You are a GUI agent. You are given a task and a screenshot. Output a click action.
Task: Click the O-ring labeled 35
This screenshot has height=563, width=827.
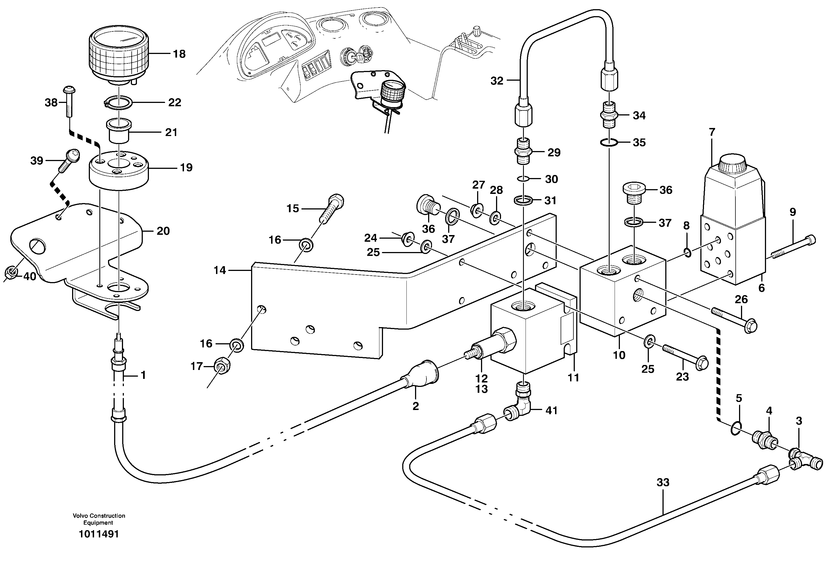coord(609,143)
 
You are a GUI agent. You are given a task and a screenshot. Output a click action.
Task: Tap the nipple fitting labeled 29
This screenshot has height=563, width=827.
coord(523,152)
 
